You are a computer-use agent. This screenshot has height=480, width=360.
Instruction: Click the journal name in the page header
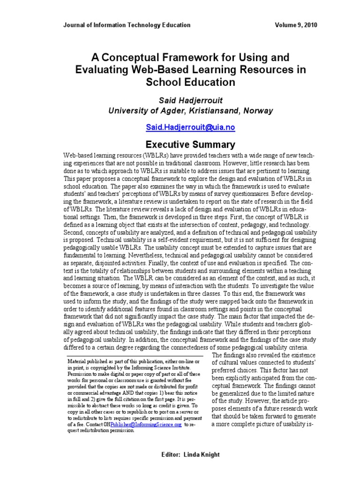(x=127, y=25)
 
